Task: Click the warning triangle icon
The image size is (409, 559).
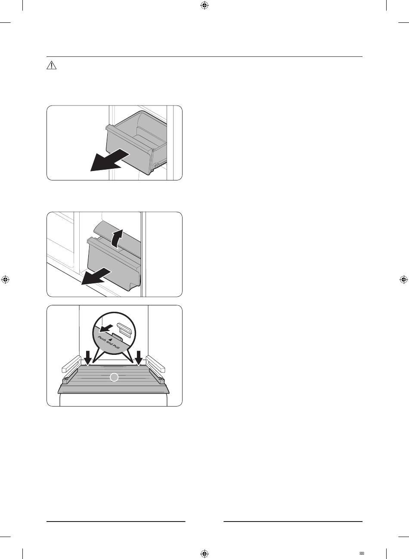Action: click(51, 65)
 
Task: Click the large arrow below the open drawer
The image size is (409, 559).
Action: click(110, 160)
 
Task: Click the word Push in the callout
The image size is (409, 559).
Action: click(102, 340)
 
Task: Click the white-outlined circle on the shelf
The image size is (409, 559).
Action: click(114, 377)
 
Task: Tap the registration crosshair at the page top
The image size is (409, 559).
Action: click(204, 5)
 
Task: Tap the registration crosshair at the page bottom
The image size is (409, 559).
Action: click(204, 553)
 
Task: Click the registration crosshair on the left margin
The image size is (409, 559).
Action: click(5, 280)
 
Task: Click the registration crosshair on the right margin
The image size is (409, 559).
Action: click(403, 280)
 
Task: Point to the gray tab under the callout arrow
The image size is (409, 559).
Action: click(117, 337)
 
